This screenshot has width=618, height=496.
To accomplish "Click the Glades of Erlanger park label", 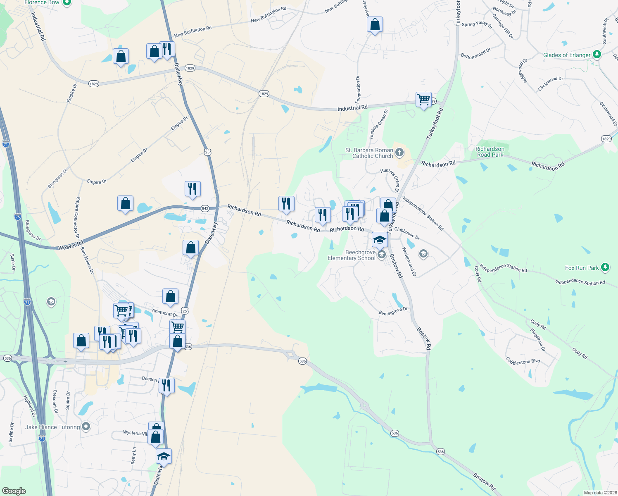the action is click(x=566, y=55).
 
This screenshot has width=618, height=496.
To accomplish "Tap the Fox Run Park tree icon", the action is click(x=605, y=267).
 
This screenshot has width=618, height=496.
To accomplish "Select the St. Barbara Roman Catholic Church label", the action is click(x=369, y=153).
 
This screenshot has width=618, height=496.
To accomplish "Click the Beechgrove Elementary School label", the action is click(x=352, y=255).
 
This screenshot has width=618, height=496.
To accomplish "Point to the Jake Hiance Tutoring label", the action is click(x=52, y=427).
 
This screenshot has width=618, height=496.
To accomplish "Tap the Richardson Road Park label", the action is click(x=490, y=152).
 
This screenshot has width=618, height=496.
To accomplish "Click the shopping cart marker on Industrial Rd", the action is click(x=423, y=100).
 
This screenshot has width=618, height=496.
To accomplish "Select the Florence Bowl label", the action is click(x=43, y=2).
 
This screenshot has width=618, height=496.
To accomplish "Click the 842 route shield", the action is click(x=205, y=208).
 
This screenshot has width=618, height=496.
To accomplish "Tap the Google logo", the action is click(x=14, y=491).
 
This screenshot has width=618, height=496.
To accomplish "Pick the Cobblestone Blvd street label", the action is click(x=523, y=361).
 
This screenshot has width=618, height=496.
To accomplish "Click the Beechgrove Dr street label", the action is click(x=393, y=311).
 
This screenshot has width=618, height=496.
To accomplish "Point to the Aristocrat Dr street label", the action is click(x=164, y=313).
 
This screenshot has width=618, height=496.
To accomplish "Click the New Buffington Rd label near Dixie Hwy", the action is click(x=193, y=32).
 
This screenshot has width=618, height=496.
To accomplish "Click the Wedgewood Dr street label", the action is click(x=409, y=262).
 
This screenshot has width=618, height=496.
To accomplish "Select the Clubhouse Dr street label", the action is click(x=407, y=233).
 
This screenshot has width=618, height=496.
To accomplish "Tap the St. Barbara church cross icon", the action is click(x=399, y=152).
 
